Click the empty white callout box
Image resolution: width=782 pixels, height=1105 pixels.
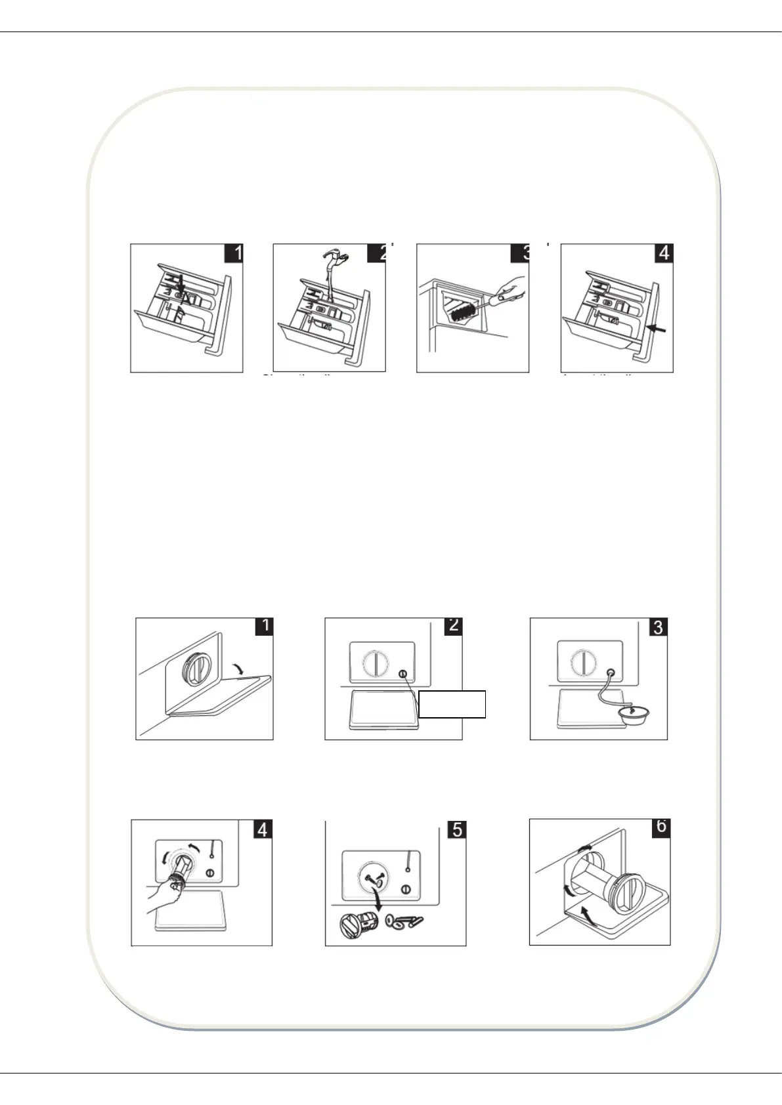(452, 704)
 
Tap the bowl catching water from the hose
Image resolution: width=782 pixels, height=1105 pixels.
(630, 713)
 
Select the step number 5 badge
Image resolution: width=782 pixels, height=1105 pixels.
(457, 829)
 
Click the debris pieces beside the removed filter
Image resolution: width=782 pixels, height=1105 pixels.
(404, 922)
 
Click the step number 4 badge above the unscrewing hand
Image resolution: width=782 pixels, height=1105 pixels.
(263, 829)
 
